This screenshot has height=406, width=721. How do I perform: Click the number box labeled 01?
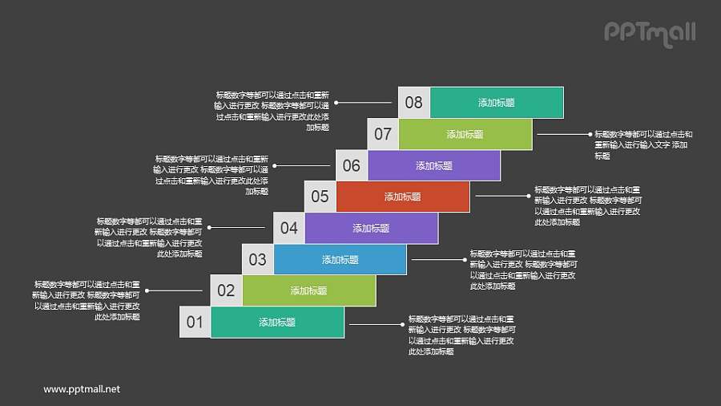point(195,323)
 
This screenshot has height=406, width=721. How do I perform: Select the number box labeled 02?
point(226,290)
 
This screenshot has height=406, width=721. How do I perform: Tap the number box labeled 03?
point(257,259)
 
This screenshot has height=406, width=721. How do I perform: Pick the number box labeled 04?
point(288,228)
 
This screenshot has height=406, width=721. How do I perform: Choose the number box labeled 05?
point(320,197)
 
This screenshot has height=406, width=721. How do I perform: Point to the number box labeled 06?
point(351,166)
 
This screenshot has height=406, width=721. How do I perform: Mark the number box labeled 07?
point(383,134)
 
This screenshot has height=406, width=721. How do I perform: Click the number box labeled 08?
point(413,103)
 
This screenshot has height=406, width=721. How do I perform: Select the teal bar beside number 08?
point(497,103)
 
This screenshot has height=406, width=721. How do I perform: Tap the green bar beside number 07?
point(465,134)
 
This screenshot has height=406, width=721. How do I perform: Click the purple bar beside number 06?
point(434,166)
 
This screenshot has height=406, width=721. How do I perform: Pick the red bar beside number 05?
point(403,197)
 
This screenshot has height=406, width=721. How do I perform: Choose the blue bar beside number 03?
point(340,259)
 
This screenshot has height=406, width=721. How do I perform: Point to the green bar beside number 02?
point(309,290)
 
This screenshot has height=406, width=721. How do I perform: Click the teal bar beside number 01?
point(277,323)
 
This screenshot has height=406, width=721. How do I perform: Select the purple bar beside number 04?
point(372,228)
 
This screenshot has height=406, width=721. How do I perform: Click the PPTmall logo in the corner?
point(649,33)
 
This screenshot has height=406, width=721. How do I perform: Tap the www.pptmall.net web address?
point(82,389)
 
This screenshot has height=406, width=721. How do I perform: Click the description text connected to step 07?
point(642,145)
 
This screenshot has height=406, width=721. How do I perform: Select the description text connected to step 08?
point(272,111)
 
